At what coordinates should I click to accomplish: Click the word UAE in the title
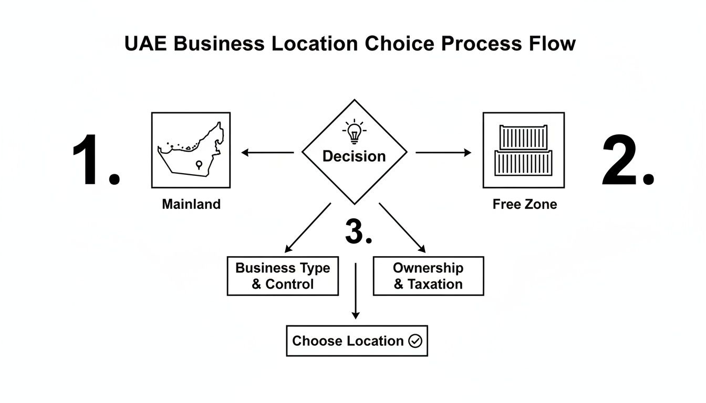click(146, 44)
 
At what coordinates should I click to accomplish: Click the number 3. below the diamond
click(358, 232)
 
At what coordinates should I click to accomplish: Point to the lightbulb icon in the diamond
click(355, 131)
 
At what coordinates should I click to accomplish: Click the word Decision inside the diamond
click(354, 156)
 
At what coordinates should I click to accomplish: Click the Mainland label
click(191, 204)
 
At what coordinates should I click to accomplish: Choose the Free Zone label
click(524, 204)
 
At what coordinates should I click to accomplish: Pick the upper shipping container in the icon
click(523, 137)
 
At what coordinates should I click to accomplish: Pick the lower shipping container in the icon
click(524, 163)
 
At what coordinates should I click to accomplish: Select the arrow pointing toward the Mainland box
click(267, 153)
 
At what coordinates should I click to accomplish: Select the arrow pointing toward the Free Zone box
click(444, 153)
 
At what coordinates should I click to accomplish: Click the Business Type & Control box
click(283, 276)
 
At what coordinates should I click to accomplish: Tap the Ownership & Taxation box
click(428, 276)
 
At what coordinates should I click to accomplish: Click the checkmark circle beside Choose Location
click(415, 341)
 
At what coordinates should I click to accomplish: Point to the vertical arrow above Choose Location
click(356, 291)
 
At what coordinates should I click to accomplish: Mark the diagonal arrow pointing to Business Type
click(307, 227)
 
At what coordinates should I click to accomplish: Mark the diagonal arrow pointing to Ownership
click(402, 227)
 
